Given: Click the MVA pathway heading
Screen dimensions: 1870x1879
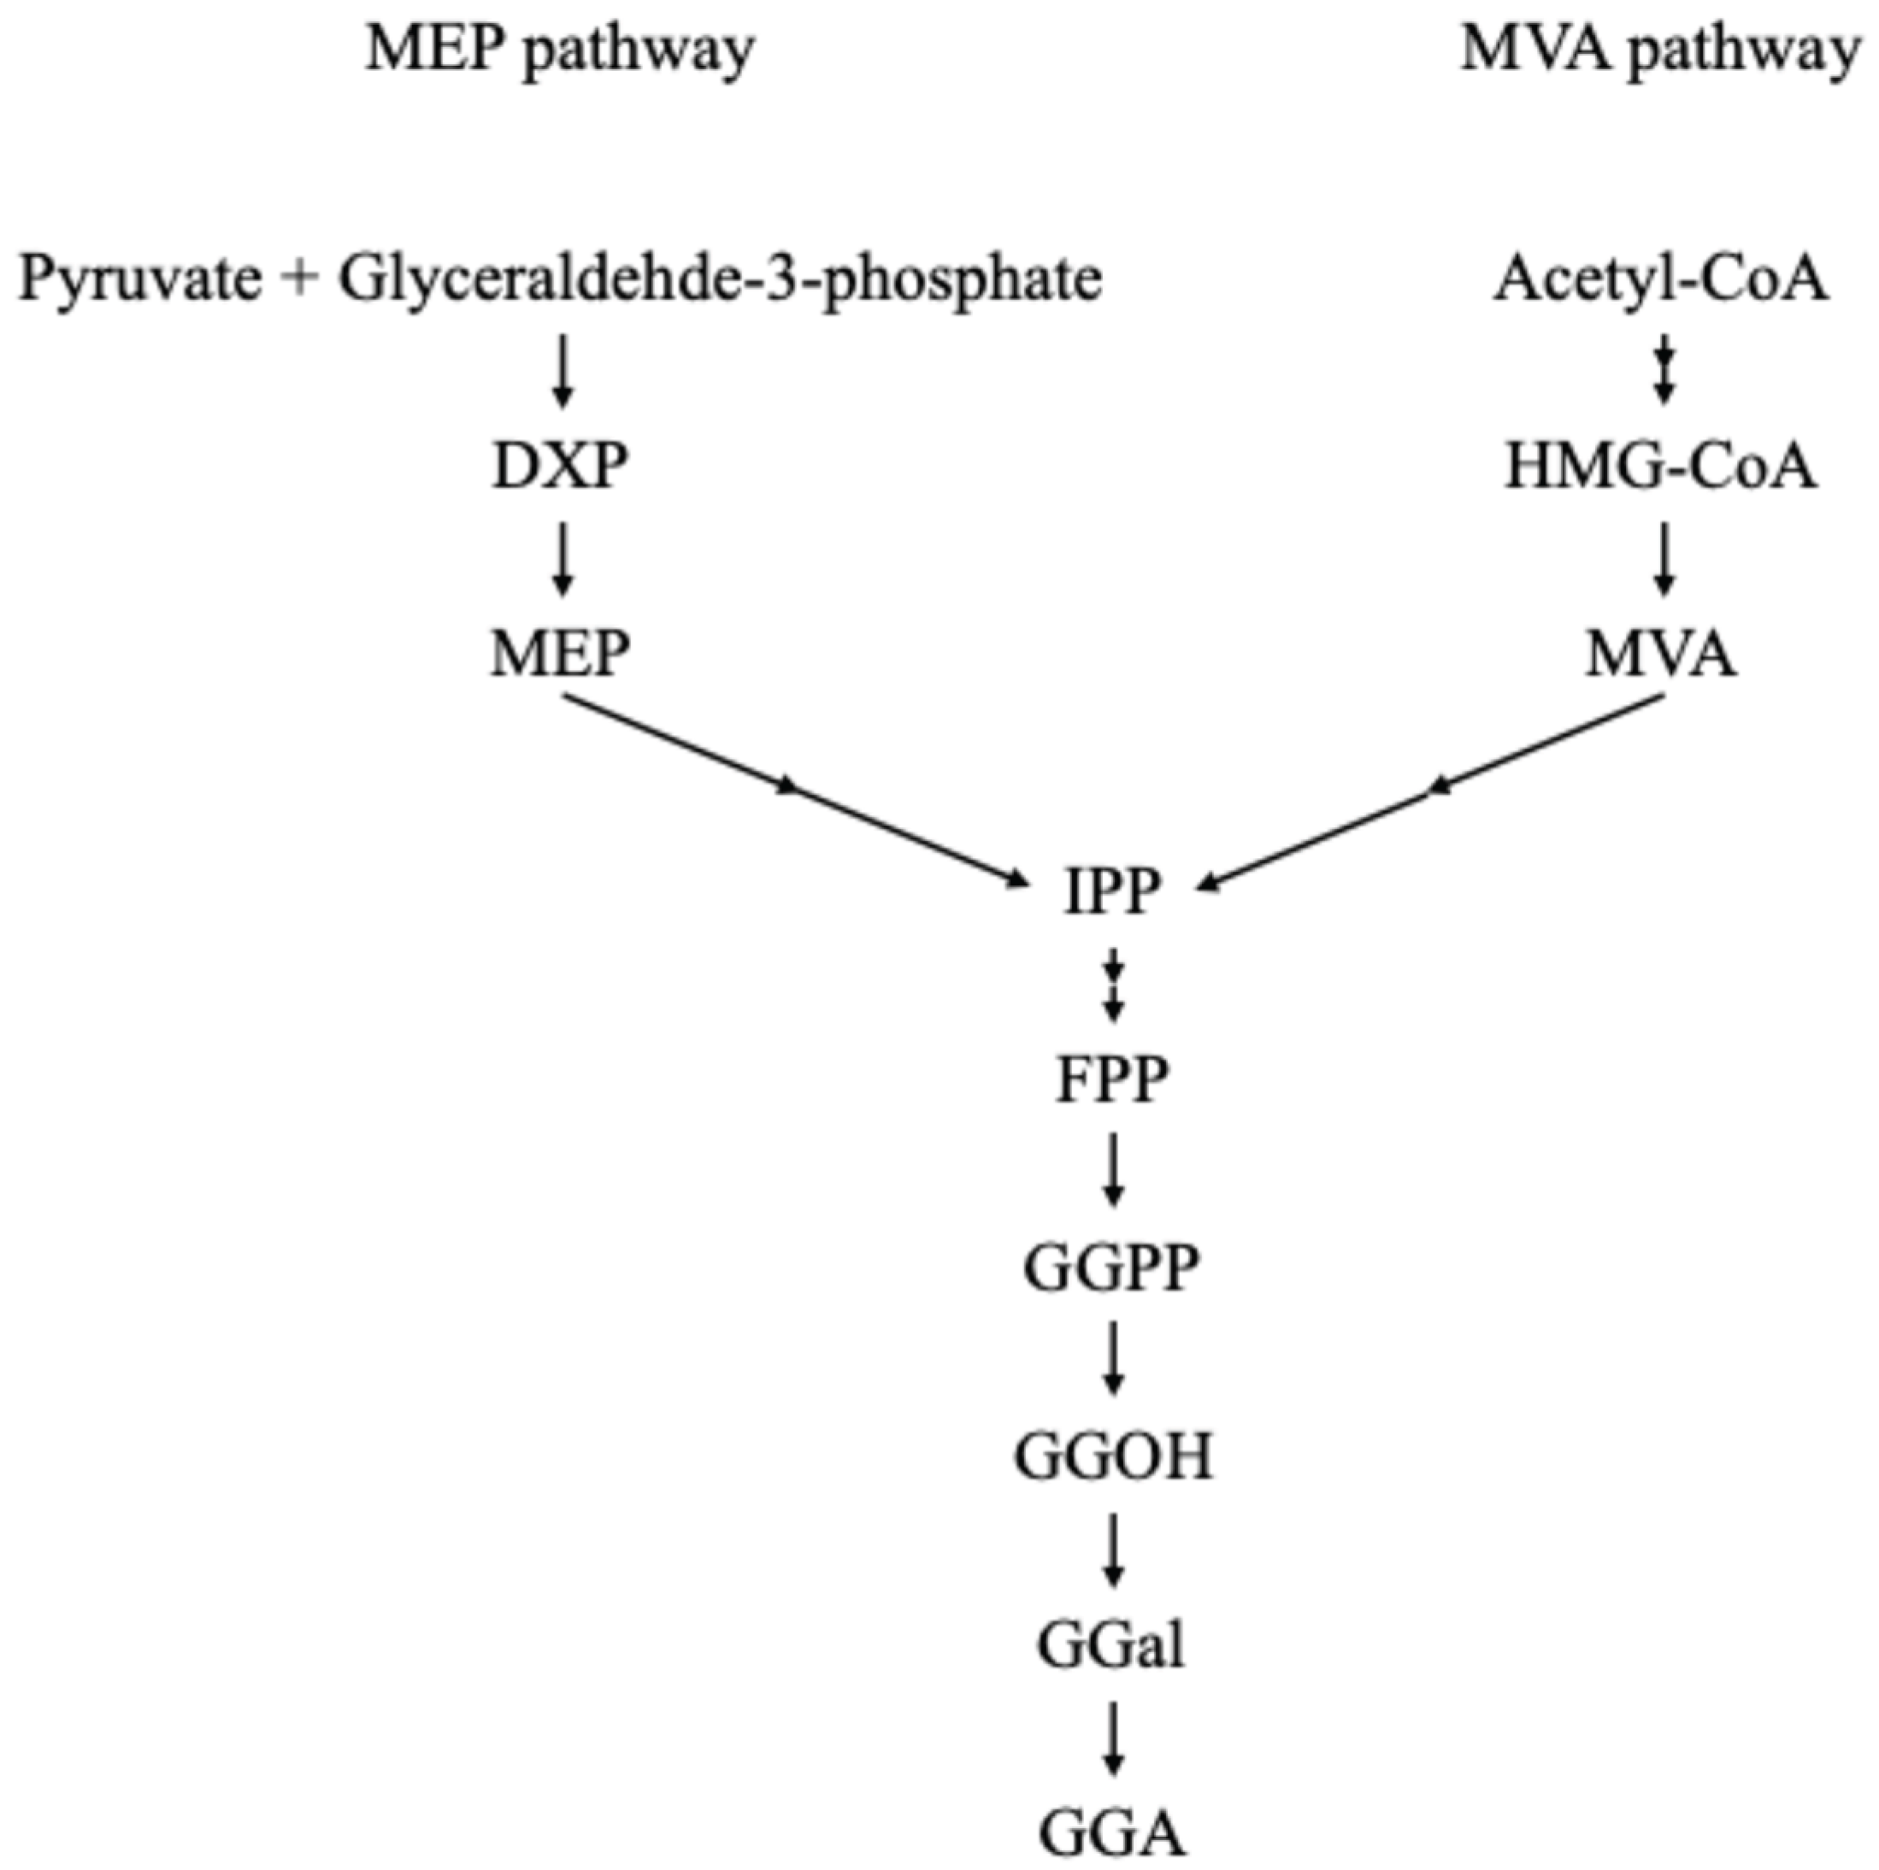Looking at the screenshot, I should (1659, 50).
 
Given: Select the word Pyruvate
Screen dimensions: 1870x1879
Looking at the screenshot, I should (140, 280).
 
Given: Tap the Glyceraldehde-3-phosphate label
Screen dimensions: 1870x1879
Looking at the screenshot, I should (720, 280).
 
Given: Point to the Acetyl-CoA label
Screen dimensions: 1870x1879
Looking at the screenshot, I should (1661, 279).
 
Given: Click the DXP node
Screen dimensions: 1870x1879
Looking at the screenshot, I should (560, 467).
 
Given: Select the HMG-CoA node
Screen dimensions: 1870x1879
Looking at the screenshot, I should (1661, 467).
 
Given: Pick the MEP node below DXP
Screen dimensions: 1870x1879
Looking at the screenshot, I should (560, 655).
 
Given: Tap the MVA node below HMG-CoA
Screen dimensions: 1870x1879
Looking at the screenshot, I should (1661, 655).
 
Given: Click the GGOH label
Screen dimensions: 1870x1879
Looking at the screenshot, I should (1114, 1456).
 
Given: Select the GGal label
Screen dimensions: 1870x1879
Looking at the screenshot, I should (1111, 1645).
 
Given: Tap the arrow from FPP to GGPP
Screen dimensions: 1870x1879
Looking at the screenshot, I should (1115, 1170).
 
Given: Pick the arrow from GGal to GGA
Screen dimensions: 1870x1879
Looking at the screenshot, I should (1115, 1738).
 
